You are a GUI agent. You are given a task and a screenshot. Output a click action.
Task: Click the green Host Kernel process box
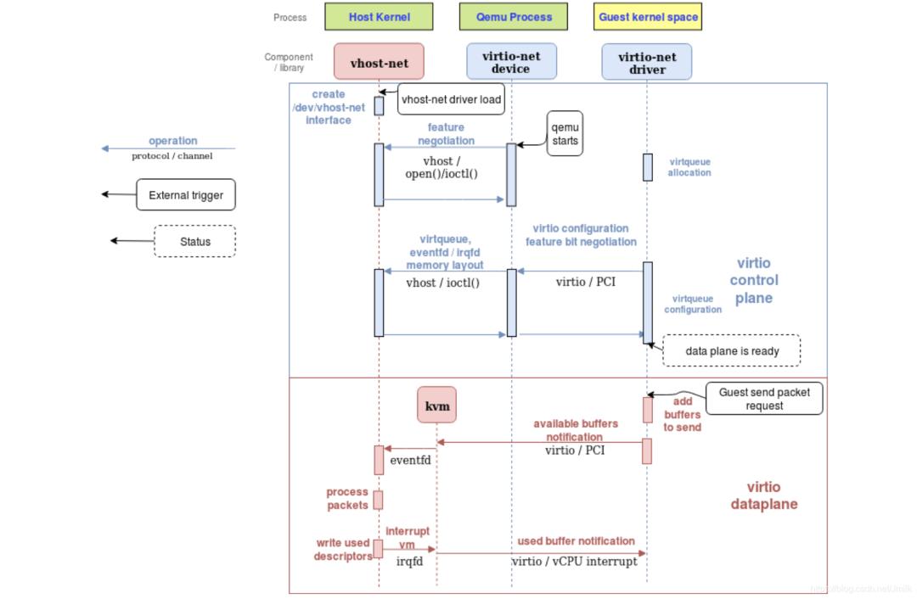pos(379,17)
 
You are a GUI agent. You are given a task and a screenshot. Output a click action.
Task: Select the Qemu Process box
pos(514,17)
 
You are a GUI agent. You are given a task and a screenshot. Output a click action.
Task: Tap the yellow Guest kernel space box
pos(648,17)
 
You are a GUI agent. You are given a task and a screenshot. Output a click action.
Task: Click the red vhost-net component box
pos(379,62)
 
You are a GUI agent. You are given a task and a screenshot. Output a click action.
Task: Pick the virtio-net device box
pos(511,62)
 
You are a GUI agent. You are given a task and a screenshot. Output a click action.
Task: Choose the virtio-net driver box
pos(647,62)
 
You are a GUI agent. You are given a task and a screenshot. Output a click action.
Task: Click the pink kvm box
pos(437,406)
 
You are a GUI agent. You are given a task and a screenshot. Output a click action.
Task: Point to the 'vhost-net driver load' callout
pos(451,99)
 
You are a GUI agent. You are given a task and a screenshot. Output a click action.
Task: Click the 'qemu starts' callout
pos(565,134)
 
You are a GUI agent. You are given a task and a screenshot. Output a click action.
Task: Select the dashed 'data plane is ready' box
pos(731,350)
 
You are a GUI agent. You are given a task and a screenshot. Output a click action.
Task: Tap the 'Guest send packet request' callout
pos(763,399)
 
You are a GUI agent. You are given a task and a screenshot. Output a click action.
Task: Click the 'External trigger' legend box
pos(185,195)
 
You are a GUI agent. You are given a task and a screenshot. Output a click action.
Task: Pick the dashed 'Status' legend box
pos(194,241)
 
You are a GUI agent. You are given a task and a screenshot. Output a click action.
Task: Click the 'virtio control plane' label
pos(753,280)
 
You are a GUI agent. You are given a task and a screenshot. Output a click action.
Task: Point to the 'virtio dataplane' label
pos(763,495)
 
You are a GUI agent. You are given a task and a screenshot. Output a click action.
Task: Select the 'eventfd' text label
pos(410,461)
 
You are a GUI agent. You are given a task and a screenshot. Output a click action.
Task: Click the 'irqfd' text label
pos(409,561)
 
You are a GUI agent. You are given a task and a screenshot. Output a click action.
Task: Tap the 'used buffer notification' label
pos(576,541)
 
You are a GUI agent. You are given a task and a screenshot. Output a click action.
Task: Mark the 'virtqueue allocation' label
pos(689,167)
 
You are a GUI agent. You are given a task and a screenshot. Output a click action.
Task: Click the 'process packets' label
pos(347,498)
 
